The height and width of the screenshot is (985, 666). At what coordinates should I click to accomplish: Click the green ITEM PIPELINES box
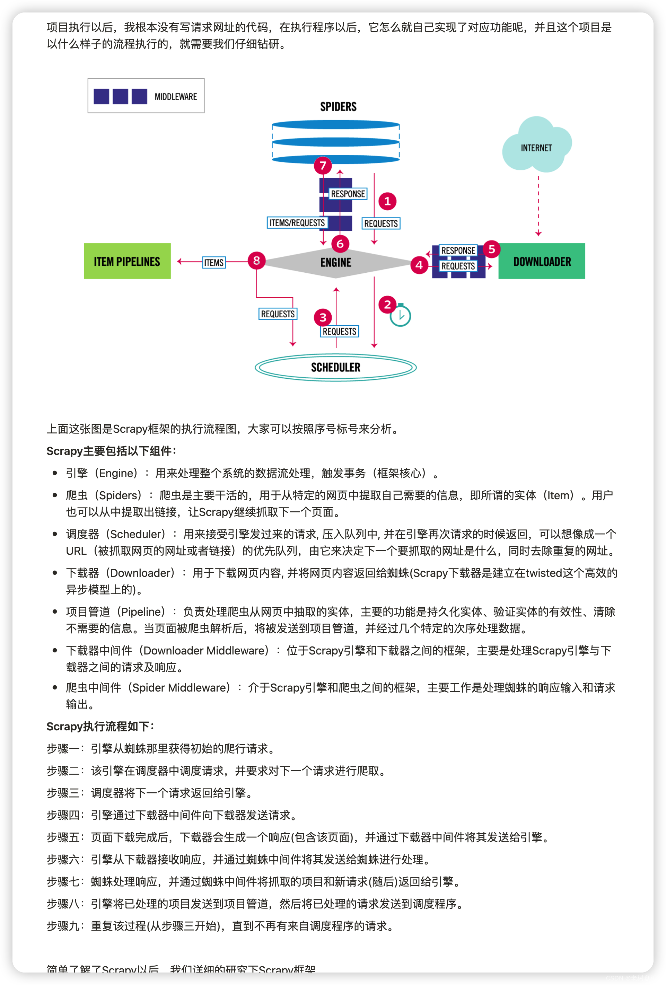(x=127, y=261)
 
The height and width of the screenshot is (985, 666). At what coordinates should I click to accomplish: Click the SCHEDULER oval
(x=335, y=367)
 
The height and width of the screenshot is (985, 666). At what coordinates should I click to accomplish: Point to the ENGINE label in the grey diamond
(x=335, y=262)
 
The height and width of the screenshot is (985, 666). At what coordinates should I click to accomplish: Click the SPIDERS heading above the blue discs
(x=338, y=106)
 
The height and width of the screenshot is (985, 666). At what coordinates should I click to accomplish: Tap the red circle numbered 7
(x=323, y=165)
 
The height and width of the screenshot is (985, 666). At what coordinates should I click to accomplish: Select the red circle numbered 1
(x=387, y=201)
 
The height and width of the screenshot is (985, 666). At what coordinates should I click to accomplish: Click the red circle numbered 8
(x=256, y=260)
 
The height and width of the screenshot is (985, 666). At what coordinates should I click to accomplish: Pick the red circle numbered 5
(x=491, y=249)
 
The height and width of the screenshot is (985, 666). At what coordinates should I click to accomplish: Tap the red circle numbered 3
(x=323, y=317)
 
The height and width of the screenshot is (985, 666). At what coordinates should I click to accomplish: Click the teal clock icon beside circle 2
(x=400, y=316)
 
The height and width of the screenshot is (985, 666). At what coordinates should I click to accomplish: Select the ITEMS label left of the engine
(x=214, y=262)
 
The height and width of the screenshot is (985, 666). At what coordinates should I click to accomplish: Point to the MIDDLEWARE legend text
(x=175, y=97)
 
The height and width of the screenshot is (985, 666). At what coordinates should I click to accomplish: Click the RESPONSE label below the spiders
(x=348, y=194)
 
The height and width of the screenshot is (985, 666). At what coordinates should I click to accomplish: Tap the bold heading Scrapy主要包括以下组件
(x=111, y=451)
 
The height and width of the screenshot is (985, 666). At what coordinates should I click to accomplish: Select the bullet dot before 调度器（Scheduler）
(x=55, y=534)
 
